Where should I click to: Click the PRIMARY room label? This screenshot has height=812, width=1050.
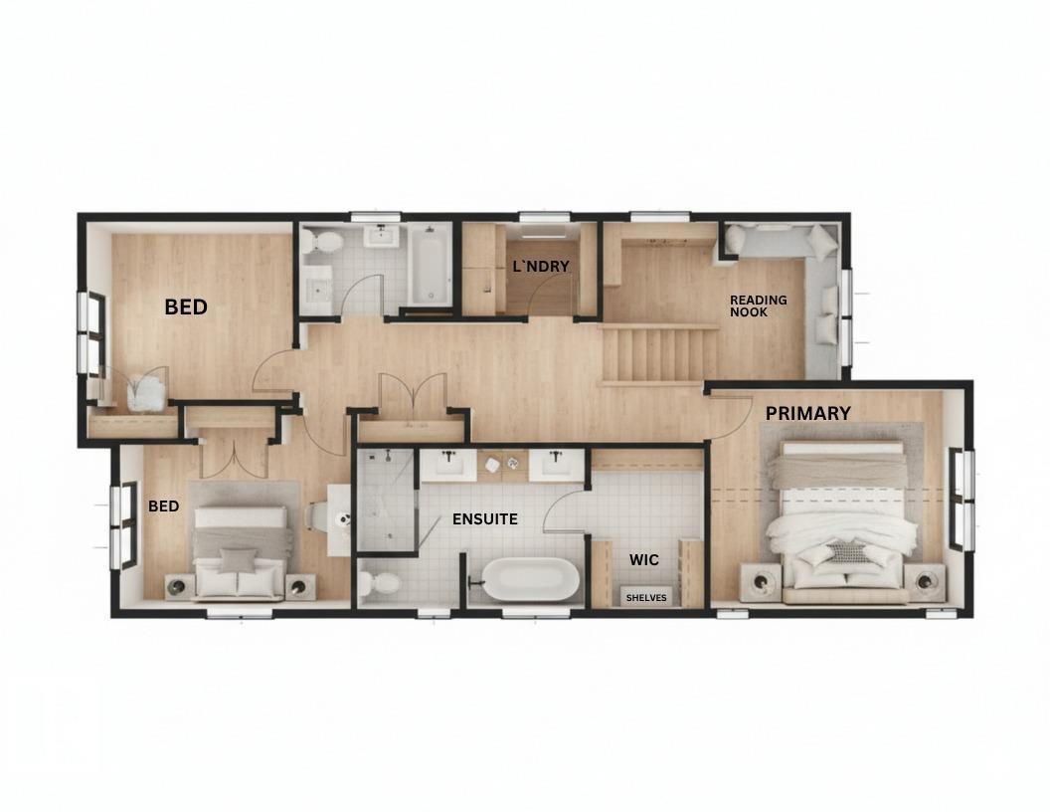pyautogui.click(x=807, y=413)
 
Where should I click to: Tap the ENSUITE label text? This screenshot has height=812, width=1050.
pyautogui.click(x=484, y=519)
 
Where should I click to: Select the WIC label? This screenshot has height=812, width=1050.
pyautogui.click(x=644, y=560)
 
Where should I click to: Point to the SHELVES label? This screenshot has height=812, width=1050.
pyautogui.click(x=646, y=598)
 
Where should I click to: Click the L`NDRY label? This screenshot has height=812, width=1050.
pyautogui.click(x=541, y=267)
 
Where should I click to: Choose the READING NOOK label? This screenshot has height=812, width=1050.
pyautogui.click(x=758, y=305)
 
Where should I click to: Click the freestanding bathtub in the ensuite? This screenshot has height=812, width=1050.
pyautogui.click(x=529, y=579)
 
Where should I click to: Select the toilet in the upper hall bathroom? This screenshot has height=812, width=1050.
pyautogui.click(x=322, y=242)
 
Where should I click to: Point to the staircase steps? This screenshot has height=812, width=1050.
pyautogui.click(x=658, y=355)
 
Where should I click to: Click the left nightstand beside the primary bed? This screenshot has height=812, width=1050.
pyautogui.click(x=761, y=581)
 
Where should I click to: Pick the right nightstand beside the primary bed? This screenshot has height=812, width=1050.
pyautogui.click(x=925, y=581)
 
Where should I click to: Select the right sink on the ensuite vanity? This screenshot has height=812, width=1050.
pyautogui.click(x=557, y=464)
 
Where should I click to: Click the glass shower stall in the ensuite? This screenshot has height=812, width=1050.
pyautogui.click(x=386, y=499)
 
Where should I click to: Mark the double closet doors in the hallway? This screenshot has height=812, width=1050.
pyautogui.click(x=410, y=395)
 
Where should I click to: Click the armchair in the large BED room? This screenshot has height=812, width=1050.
pyautogui.click(x=145, y=391)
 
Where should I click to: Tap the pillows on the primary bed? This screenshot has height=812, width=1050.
pyautogui.click(x=845, y=553)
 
